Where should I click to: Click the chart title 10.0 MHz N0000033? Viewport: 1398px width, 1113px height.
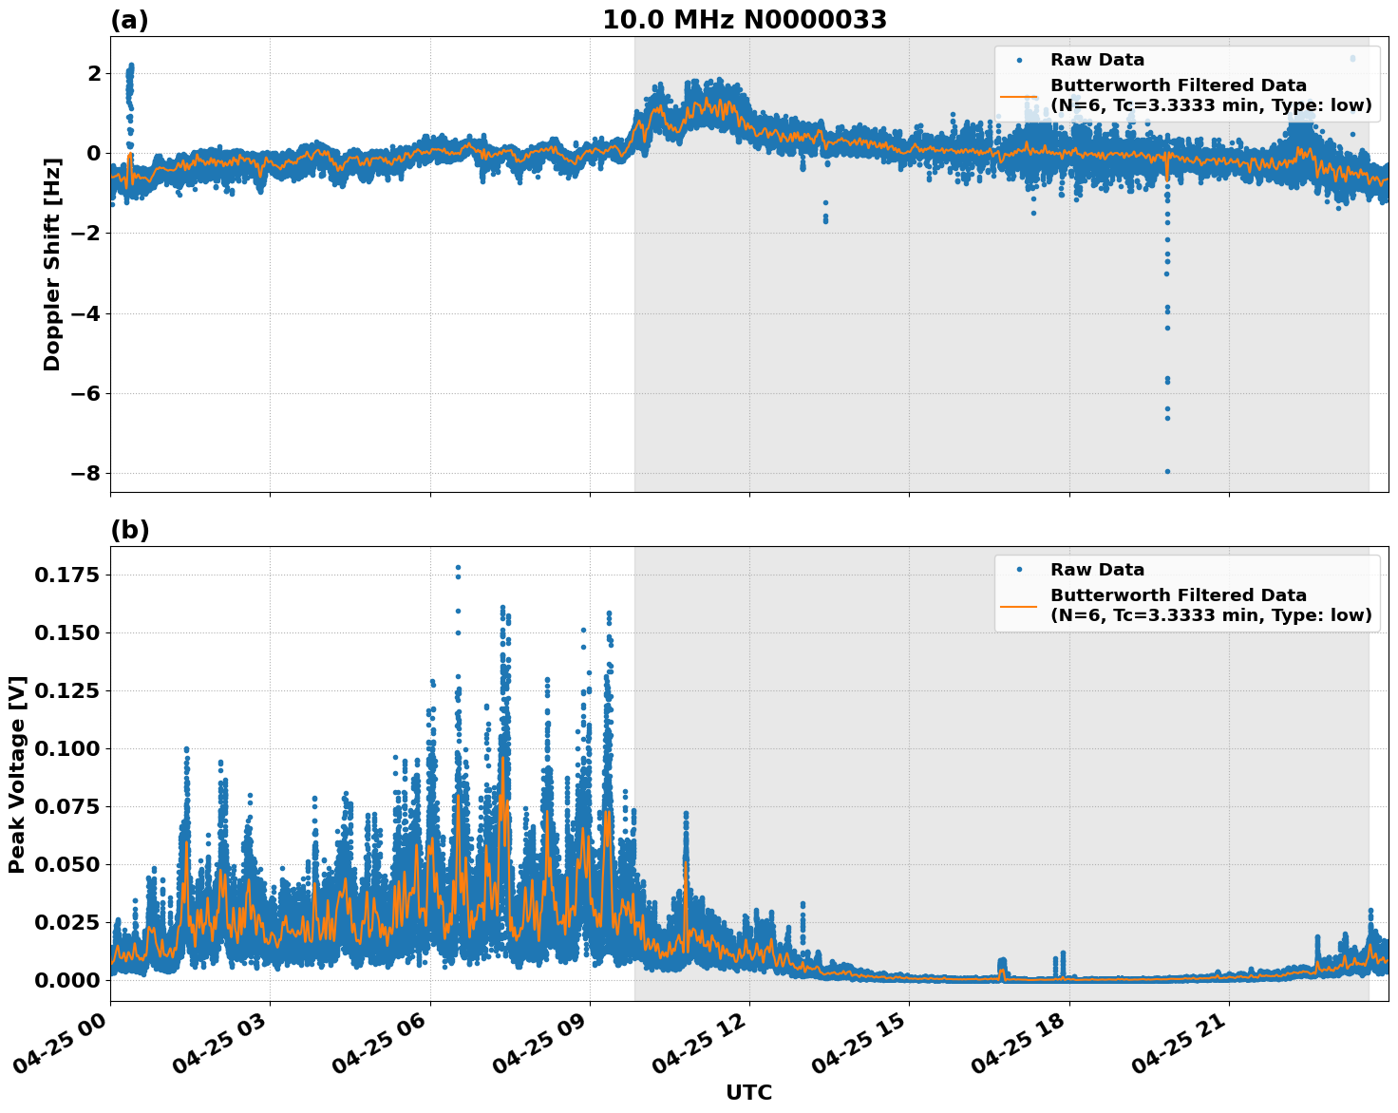point(745,20)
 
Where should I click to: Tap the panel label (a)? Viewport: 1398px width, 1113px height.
point(129,20)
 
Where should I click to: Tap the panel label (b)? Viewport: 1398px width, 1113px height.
point(130,530)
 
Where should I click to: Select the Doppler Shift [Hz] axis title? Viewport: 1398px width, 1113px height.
point(52,264)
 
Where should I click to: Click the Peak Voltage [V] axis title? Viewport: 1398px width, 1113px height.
point(17,774)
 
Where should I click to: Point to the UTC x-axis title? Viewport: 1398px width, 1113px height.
point(748,1092)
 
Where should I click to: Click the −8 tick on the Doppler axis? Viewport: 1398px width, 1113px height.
point(85,473)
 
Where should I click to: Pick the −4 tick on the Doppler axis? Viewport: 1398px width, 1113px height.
point(85,313)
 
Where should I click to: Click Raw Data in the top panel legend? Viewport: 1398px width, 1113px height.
point(1097,60)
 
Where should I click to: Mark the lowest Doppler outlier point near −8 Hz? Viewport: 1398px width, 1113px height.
point(1167,471)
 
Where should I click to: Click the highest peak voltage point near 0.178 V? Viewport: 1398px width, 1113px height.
point(458,568)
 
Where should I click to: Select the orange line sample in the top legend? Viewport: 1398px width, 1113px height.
point(1018,95)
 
